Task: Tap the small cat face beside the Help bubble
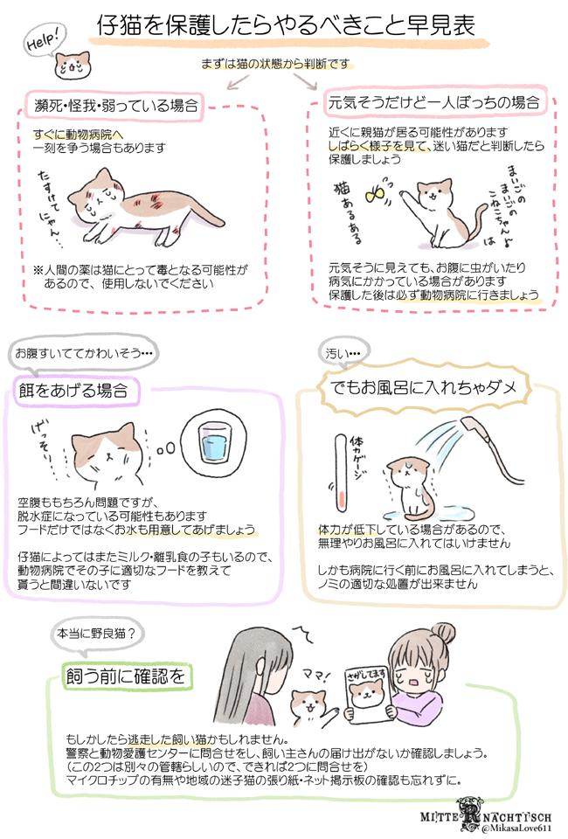73,65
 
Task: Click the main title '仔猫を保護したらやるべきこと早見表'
286,25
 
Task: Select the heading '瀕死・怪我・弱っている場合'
116,105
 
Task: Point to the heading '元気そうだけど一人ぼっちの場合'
433,101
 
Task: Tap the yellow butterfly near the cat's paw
374,194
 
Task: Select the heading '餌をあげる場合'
73,390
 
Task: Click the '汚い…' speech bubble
343,353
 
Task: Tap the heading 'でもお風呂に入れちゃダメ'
423,386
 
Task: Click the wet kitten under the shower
409,489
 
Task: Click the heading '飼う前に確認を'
126,676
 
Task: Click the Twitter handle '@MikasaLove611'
516,829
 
